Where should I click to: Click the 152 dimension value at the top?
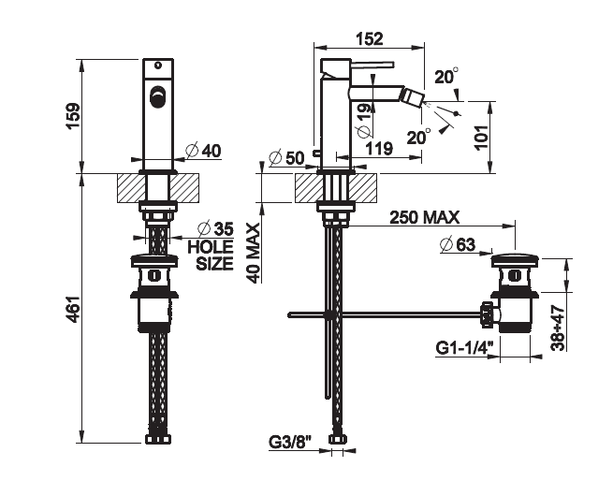[370, 38]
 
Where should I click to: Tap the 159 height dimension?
[73, 115]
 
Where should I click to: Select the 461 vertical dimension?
[73, 310]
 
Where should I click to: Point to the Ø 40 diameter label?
[203, 151]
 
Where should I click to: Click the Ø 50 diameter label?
[286, 157]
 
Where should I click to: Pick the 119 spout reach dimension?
[378, 149]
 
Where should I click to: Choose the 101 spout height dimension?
[482, 137]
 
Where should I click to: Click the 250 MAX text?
[425, 217]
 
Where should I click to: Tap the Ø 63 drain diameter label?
[458, 245]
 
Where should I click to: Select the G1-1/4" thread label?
[464, 347]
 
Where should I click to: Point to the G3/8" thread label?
[290, 442]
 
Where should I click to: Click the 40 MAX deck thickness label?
[255, 253]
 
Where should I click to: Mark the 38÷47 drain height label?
[559, 328]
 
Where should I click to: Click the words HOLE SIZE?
[211, 255]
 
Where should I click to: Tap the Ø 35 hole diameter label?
[215, 228]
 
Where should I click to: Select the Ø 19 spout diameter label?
[364, 121]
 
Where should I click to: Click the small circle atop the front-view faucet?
[158, 65]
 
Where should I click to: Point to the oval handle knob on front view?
[157, 95]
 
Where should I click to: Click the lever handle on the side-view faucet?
[372, 65]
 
